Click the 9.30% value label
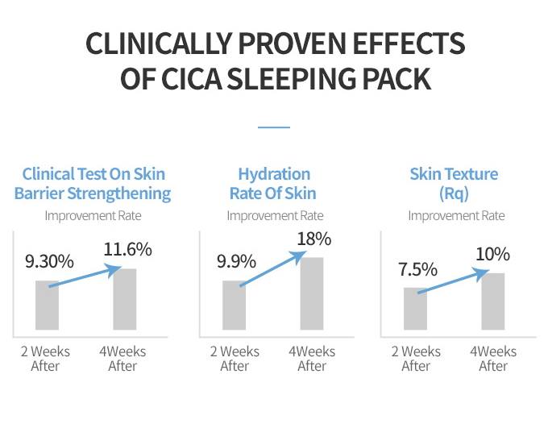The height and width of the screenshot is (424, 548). tap(49, 262)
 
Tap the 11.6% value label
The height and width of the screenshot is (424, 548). tap(127, 249)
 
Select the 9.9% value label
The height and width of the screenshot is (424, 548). tap(236, 262)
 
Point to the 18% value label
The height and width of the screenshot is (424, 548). tap(313, 239)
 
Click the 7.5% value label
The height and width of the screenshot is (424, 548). tap(417, 269)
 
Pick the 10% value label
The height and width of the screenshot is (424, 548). tap(492, 255)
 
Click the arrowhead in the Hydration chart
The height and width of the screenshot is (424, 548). tap(301, 256)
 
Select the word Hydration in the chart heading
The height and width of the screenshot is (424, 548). tap(274, 174)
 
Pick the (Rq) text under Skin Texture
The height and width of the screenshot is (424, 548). tap(455, 193)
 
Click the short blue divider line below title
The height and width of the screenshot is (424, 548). tap(273, 127)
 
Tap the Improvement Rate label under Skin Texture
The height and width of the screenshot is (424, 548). tap(456, 215)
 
